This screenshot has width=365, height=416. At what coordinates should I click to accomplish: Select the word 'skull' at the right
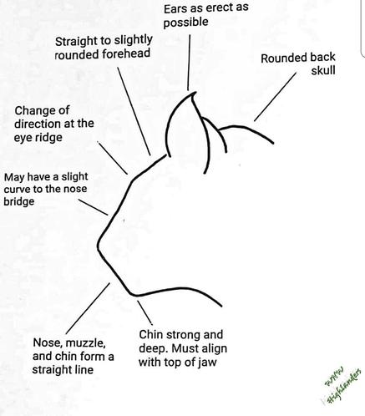pos(323,70)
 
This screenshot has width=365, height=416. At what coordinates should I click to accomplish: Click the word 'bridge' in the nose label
pos(19,201)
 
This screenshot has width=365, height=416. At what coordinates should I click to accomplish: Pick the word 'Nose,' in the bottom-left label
pos(48,343)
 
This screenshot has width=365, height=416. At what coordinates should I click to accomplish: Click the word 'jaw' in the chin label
pos(208,363)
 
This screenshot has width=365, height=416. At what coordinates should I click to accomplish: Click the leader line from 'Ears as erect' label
pos(189,63)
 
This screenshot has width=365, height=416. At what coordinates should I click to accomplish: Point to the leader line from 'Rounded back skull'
pos(275,97)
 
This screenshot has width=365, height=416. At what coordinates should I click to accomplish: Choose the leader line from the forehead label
pos(134,111)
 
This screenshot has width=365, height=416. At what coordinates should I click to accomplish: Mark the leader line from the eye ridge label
pos(113,158)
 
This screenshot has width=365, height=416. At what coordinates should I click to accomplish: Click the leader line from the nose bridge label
pos(93,207)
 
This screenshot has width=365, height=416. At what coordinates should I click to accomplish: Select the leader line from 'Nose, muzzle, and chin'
pos(88,308)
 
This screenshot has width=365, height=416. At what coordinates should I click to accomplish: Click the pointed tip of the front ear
pos(195,93)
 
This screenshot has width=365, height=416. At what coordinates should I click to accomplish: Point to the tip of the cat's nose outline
pos(98,245)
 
